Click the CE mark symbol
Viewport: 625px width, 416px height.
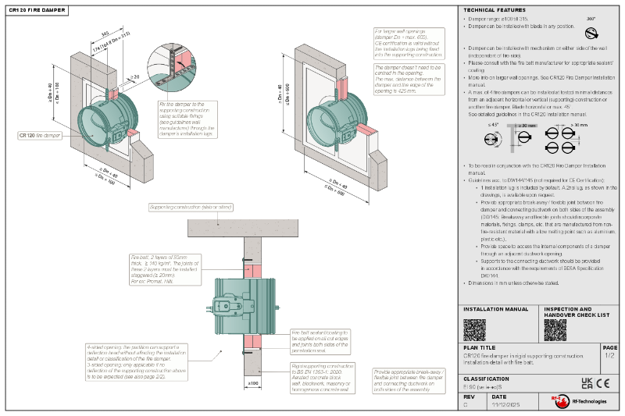[603, 383]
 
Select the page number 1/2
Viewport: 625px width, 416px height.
[609, 356]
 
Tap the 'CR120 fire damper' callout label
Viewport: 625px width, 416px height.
[40, 135]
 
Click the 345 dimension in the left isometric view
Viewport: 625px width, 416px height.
[104, 34]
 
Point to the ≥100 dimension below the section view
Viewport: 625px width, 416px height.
[253, 383]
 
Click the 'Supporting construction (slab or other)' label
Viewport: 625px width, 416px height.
[191, 207]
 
